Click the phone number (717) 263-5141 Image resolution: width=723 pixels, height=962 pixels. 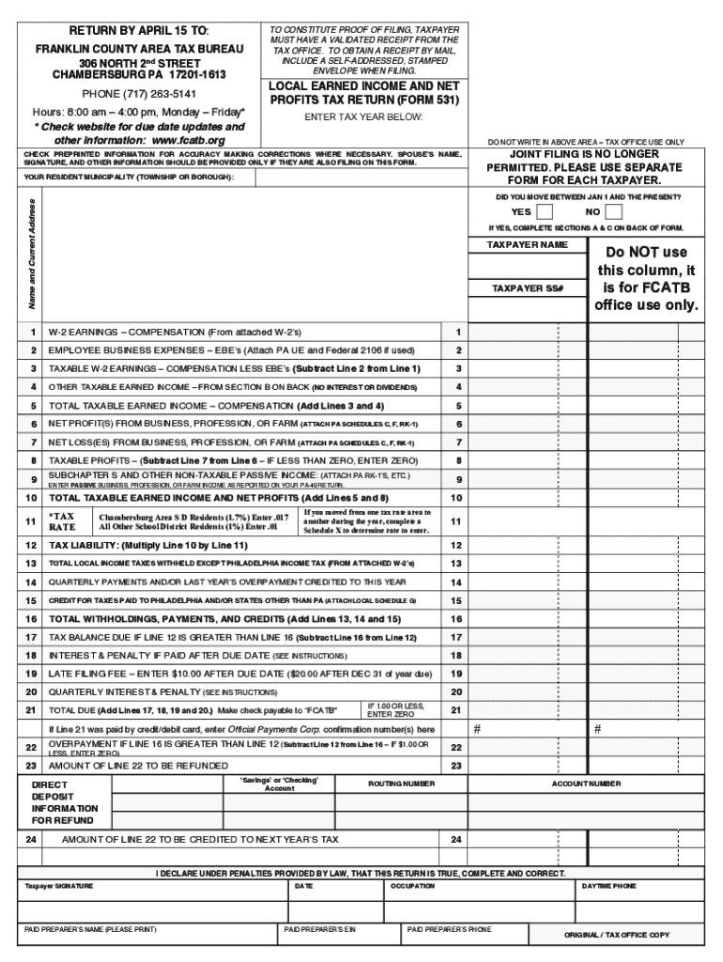pos(139,94)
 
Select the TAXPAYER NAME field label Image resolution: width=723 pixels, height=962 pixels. pos(527,244)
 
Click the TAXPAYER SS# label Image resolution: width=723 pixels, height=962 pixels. pos(527,288)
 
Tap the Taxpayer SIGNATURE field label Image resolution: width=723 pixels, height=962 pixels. pos(59,886)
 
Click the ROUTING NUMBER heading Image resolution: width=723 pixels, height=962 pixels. pos(401,783)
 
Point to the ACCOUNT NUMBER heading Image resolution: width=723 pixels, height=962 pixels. pos(585,783)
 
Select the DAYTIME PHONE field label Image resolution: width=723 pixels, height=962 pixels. pos(608,886)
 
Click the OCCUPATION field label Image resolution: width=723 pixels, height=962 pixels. pos(412,886)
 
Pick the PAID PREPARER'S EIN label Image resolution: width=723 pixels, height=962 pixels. pos(320,929)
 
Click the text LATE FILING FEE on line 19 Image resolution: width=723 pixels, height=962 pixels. pos(85,674)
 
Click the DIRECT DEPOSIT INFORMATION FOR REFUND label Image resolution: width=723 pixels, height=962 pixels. pos(64,801)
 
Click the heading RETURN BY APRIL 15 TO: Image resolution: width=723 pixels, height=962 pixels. pos(139,30)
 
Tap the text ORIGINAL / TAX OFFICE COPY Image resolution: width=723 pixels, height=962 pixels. pos(616,935)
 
